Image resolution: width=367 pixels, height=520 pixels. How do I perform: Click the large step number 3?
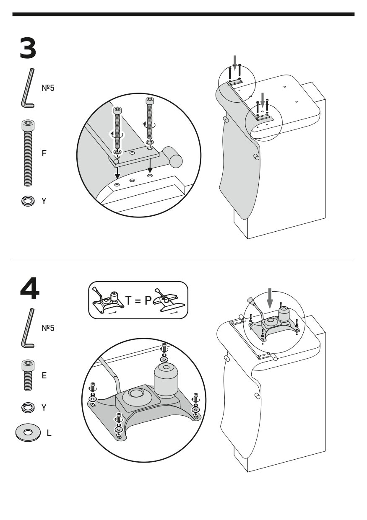tap(28, 49)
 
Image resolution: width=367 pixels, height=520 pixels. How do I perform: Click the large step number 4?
tap(29, 289)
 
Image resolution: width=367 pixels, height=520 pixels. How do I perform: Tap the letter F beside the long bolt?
tap(44, 153)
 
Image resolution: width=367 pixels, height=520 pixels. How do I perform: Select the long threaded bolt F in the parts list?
tap(28, 153)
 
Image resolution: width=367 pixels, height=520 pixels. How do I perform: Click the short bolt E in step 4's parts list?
tap(28, 375)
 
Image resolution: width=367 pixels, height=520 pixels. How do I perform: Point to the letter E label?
tap(44, 375)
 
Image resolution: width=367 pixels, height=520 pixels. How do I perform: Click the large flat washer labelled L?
tap(28, 432)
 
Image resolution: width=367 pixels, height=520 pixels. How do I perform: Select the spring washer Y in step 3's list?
tap(27, 201)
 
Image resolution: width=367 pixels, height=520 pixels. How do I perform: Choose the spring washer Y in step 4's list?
tap(28, 406)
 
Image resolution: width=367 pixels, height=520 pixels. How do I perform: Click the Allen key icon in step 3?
tap(28, 88)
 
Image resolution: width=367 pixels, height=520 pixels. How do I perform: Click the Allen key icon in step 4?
tap(28, 328)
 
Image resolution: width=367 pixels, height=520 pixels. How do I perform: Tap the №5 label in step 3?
tap(48, 88)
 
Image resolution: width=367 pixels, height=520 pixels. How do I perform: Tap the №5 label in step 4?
tap(48, 328)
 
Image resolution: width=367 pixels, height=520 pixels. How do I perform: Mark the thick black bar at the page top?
tap(183, 14)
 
